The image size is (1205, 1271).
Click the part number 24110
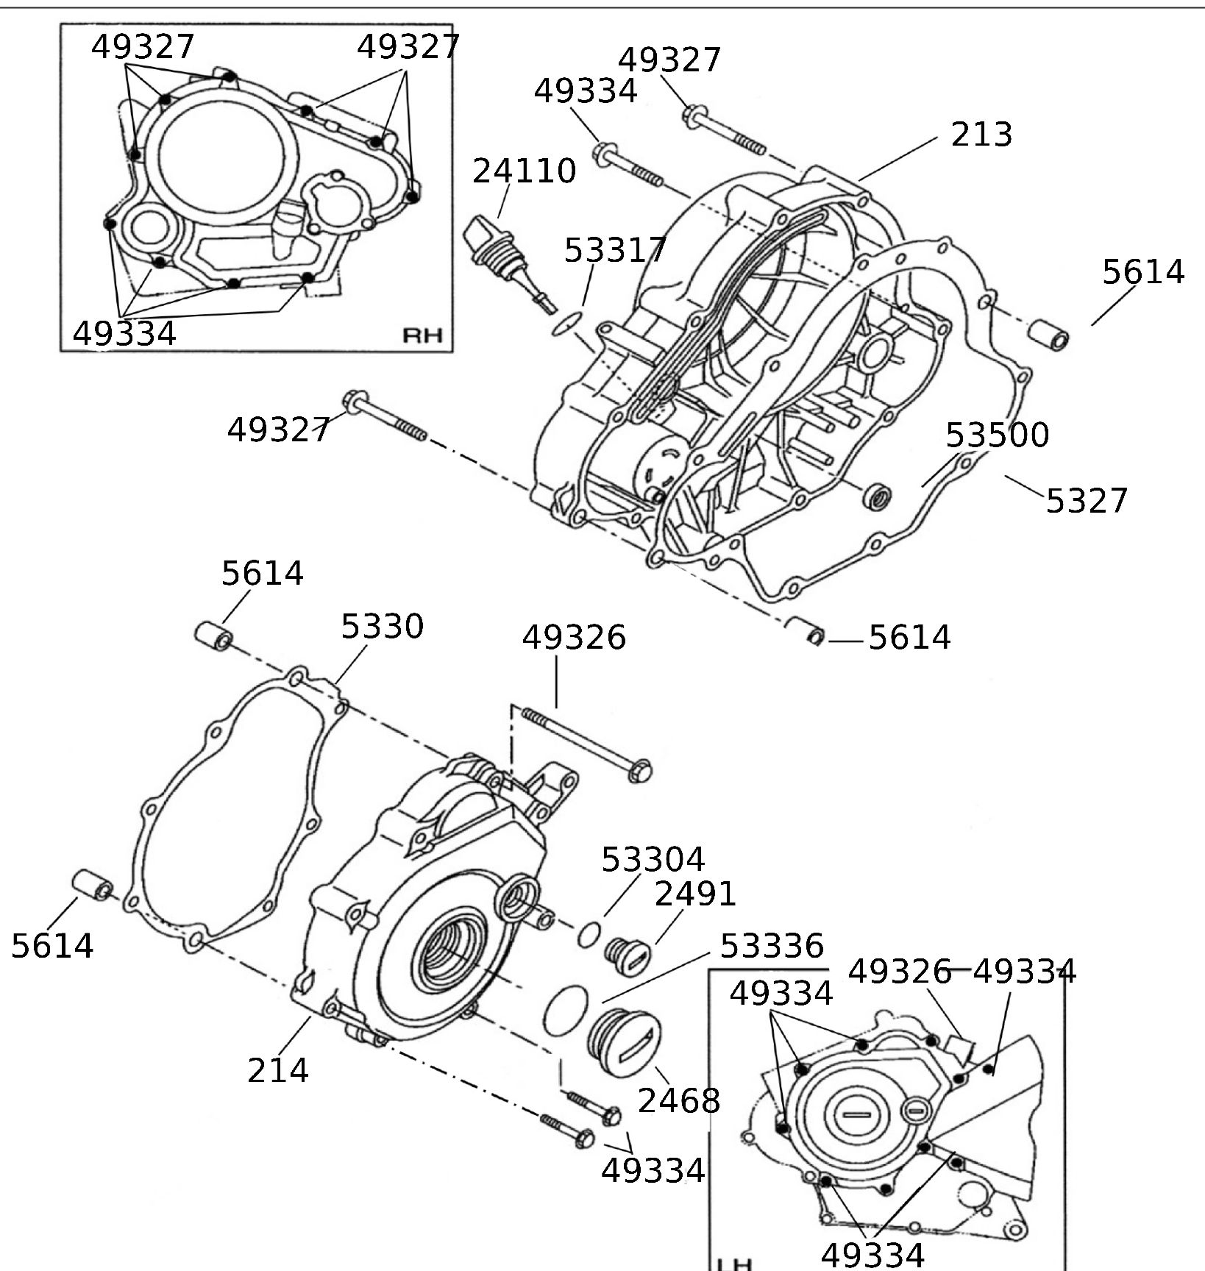[x=524, y=171]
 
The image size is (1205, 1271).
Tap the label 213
[x=981, y=135]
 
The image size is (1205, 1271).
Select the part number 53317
[x=615, y=250]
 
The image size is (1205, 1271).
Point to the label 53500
[x=997, y=435]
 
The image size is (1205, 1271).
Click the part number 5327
[x=1087, y=501]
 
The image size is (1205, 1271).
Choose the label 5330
[x=382, y=627]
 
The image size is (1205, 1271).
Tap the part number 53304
[x=653, y=859]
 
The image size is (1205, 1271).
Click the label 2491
[x=695, y=894]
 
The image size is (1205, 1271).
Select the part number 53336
[x=771, y=946]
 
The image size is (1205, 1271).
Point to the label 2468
[x=678, y=1101]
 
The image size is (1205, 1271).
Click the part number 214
[x=277, y=1070]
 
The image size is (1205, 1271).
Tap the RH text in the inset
[x=422, y=335]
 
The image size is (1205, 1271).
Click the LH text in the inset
[x=734, y=1264]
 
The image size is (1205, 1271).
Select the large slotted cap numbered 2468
[x=624, y=1040]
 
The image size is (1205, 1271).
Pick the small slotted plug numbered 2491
[x=626, y=956]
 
